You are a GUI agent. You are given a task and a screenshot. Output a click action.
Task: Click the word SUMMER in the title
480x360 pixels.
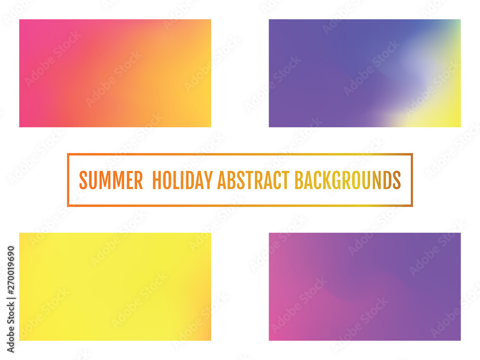tap(111, 180)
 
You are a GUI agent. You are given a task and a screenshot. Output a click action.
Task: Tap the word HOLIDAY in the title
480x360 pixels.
tap(182, 180)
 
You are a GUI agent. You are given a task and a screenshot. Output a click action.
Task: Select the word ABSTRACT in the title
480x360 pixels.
tap(253, 180)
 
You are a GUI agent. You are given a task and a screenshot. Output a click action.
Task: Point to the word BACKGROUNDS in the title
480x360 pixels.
tap(347, 180)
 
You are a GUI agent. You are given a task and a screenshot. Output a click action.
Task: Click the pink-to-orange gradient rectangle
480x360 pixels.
tap(115, 73)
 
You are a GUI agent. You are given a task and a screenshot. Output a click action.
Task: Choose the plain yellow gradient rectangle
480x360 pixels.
tap(115, 287)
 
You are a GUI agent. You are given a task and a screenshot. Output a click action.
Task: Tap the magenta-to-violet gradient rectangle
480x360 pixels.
tap(365, 287)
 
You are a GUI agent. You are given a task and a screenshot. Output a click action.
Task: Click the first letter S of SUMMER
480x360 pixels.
tap(83, 180)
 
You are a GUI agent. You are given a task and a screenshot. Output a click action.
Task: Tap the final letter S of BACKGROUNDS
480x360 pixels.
tap(396, 180)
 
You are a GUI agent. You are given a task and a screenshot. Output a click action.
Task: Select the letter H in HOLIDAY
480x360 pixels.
tap(156, 180)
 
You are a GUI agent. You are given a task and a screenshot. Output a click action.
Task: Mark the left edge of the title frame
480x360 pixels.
tap(68, 180)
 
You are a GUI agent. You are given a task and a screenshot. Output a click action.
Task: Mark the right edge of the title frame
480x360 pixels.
tap(412, 180)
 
